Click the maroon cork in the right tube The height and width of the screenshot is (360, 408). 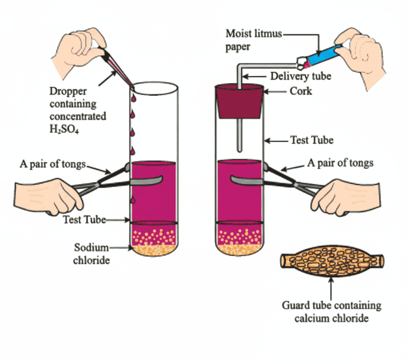tap(238, 102)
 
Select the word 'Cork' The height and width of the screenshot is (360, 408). tap(300, 91)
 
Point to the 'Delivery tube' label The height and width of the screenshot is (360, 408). tap(301, 76)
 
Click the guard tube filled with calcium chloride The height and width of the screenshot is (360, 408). tap(331, 261)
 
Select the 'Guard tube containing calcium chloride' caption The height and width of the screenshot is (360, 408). tap(331, 312)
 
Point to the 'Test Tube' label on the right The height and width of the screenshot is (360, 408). tap(312, 140)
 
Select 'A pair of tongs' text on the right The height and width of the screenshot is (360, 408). tap(340, 163)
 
